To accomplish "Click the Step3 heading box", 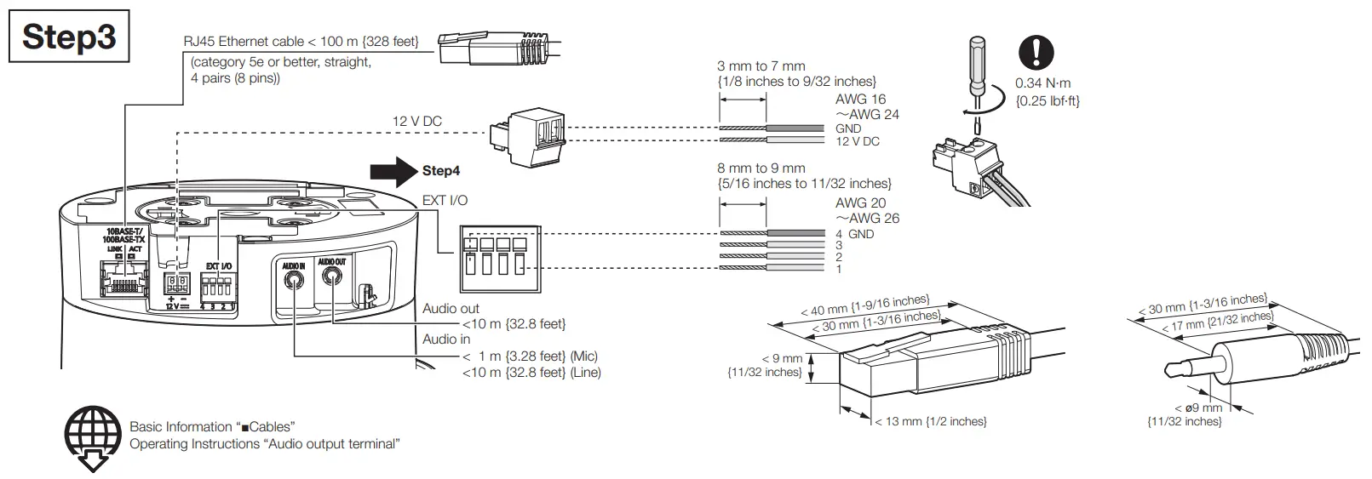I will pyautogui.click(x=70, y=37).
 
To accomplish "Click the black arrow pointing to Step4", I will pyautogui.click(x=393, y=170).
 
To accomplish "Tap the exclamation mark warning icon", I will pyautogui.click(x=1036, y=53).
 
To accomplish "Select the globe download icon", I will pyautogui.click(x=93, y=437).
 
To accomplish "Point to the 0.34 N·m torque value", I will pyautogui.click(x=1042, y=83).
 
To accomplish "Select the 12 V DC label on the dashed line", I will pyautogui.click(x=416, y=122).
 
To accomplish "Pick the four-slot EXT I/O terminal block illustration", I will pyautogui.click(x=499, y=259).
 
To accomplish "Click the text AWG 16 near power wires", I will pyautogui.click(x=860, y=100).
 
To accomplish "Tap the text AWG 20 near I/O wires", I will pyautogui.click(x=860, y=203).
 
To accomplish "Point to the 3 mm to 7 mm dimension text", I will pyautogui.click(x=761, y=66).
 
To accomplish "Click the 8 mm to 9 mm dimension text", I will pyautogui.click(x=761, y=168).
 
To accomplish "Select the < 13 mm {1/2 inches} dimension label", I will pyautogui.click(x=930, y=422).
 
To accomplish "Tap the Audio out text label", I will pyautogui.click(x=451, y=309).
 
